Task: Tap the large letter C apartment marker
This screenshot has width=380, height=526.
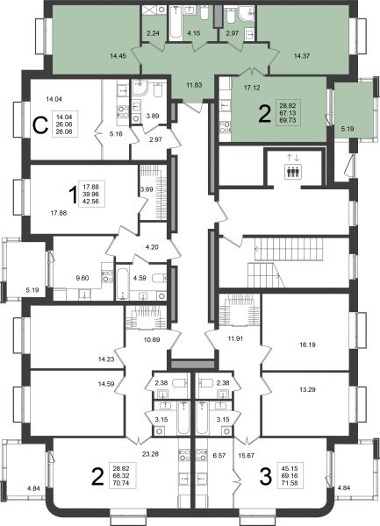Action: (x=40, y=126)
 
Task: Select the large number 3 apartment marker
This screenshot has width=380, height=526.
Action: (x=266, y=477)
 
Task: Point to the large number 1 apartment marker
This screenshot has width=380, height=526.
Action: (x=73, y=195)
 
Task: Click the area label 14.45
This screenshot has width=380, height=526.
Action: (x=118, y=56)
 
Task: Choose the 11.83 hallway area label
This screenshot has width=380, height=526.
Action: (x=194, y=85)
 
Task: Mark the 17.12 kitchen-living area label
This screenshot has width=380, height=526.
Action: (x=252, y=88)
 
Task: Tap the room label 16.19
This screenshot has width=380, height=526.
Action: (x=307, y=345)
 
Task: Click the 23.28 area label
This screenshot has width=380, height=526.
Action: (x=150, y=454)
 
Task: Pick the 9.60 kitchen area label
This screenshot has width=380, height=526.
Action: (x=82, y=278)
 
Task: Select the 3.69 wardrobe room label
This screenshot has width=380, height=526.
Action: (x=147, y=189)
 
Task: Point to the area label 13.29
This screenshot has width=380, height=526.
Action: (x=307, y=390)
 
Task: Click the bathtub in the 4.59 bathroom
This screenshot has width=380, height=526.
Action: (x=123, y=282)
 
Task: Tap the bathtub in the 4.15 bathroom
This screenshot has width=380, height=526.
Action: (x=175, y=23)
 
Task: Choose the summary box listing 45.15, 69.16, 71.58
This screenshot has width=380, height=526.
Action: (x=290, y=476)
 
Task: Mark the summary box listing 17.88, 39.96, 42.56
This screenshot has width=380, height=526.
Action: (x=91, y=195)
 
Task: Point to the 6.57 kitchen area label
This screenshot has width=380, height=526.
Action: (x=219, y=456)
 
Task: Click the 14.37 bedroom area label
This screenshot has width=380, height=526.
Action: (x=302, y=56)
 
